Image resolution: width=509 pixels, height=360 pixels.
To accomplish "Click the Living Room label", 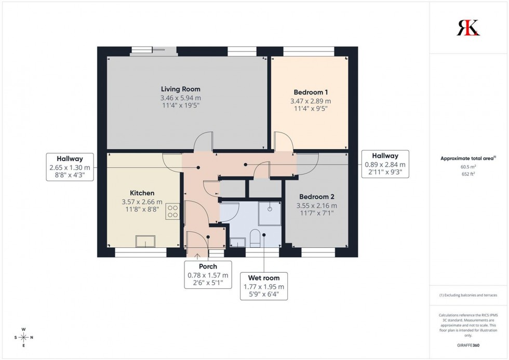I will (180, 89).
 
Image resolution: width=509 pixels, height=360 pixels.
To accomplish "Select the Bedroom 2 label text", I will (316, 197).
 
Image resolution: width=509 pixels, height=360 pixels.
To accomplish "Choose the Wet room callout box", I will (264, 286).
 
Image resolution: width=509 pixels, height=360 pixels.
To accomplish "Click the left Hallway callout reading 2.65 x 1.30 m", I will (70, 167).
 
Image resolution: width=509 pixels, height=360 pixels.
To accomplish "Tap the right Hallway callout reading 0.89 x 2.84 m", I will (385, 164).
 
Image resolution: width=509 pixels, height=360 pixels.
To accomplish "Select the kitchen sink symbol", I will (145, 242).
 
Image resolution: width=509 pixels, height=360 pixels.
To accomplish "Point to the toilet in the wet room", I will (255, 238).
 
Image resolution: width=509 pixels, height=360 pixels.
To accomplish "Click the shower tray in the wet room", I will (269, 211).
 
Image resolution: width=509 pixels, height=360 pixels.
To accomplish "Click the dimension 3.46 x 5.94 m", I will (180, 98).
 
